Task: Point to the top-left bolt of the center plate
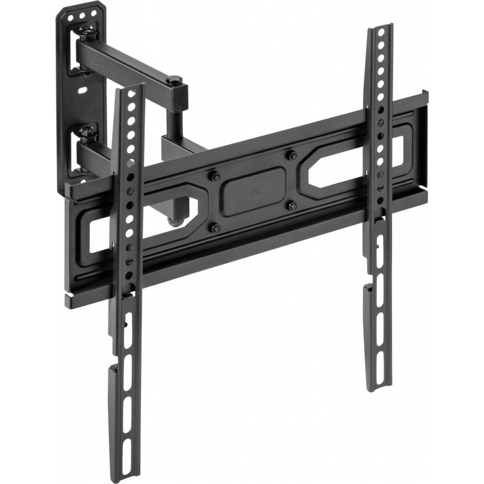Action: coord(215,177)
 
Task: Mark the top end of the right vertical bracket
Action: coord(382,28)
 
